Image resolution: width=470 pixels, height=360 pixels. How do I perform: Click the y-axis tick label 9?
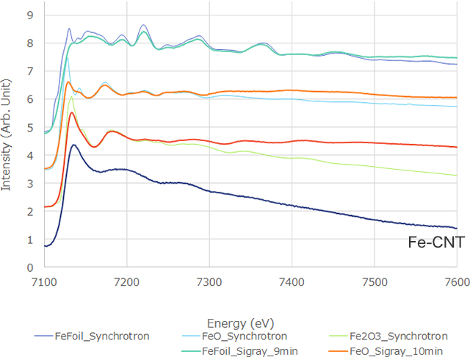tap(29, 15)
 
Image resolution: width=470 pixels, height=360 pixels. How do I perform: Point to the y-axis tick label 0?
tap(29, 268)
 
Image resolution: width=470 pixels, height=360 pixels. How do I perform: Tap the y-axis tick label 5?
tap(29, 127)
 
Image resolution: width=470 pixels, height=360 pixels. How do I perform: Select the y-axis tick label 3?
tap(29, 184)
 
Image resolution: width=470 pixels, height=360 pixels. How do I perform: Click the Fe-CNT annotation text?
tap(435, 242)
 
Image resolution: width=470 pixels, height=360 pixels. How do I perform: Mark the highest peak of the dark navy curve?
tap(73, 145)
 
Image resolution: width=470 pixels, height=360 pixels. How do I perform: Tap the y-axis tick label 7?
tap(29, 71)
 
